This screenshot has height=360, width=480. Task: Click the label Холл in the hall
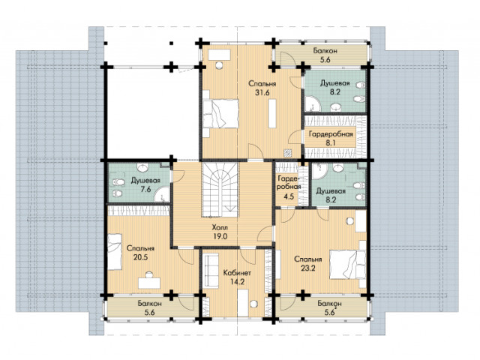220,227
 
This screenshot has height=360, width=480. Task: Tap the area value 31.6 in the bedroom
262,93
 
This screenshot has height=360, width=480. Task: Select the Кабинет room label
238,273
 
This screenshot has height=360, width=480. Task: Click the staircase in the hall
220,190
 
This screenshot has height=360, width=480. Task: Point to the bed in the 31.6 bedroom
220,113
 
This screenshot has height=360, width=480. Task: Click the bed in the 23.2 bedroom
348,265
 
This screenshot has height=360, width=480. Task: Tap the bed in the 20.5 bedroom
115,252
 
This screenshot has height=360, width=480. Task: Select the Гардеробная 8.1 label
331,138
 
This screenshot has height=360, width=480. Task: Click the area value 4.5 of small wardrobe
289,196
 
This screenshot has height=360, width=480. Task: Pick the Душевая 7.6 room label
145,185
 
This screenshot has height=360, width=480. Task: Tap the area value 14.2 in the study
238,282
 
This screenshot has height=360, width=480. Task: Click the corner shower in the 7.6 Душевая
162,194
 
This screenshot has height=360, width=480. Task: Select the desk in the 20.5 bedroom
149,283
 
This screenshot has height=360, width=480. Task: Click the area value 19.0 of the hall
220,237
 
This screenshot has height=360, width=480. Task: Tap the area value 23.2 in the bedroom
308,268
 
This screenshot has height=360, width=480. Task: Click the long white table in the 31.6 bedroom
272,113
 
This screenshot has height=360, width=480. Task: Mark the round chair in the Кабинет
253,304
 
